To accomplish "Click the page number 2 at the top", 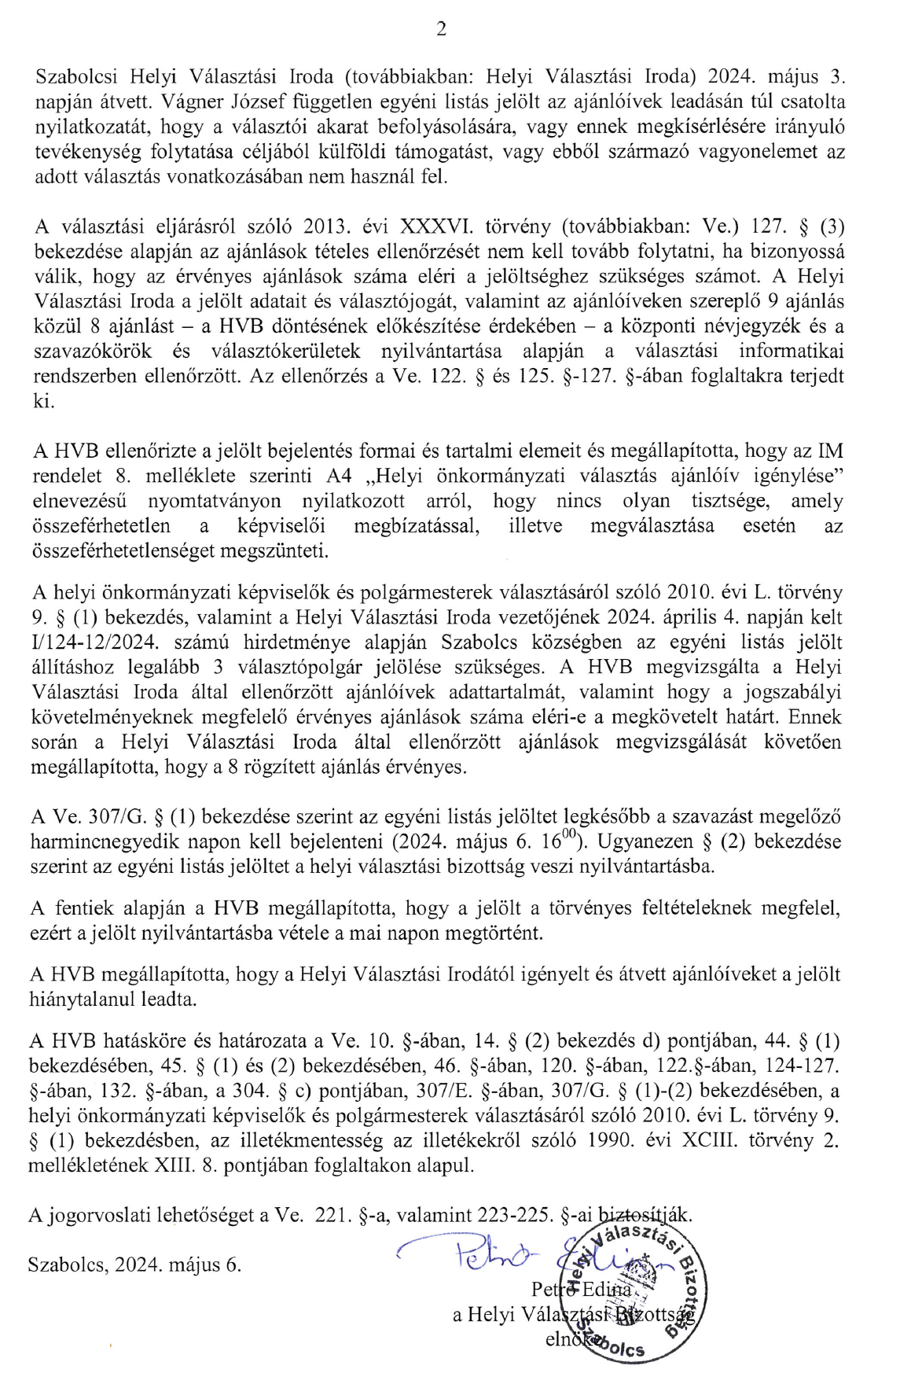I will click(441, 30).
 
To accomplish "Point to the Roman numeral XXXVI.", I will click(437, 226).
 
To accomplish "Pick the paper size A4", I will click(340, 476).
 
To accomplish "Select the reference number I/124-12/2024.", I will click(91, 642).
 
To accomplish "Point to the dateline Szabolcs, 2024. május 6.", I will click(134, 1265).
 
